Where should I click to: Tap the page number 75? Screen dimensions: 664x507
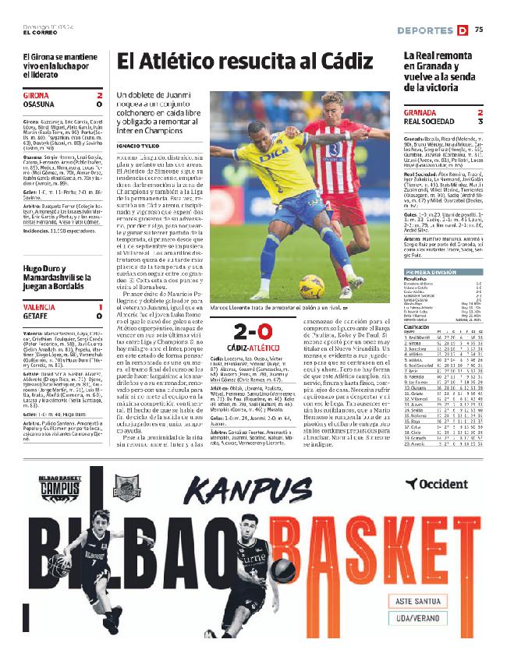click(478, 30)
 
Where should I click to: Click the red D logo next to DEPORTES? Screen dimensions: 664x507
click(463, 30)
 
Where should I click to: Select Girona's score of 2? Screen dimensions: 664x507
click(100, 96)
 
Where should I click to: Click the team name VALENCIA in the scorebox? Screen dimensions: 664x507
click(41, 307)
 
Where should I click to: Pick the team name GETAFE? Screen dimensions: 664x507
click(37, 316)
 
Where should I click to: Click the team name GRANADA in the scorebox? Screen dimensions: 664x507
click(420, 112)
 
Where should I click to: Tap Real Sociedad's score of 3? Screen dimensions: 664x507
click(480, 122)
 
